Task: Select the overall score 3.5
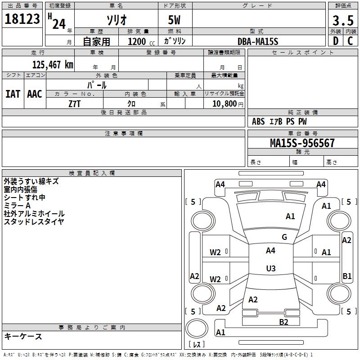[342, 21]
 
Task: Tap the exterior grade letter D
[335, 41]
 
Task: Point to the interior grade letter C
[350, 41]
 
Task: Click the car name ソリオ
[116, 20]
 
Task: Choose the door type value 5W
[175, 20]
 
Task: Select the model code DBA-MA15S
[258, 41]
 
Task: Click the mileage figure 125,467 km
[52, 65]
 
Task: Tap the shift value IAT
[13, 94]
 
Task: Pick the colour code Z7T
[74, 103]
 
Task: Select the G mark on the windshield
[284, 237]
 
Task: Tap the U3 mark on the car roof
[270, 269]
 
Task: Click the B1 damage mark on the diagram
[347, 276]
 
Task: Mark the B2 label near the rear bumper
[283, 322]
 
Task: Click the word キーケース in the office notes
[23, 336]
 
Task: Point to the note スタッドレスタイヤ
[34, 221]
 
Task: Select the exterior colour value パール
[97, 85]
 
